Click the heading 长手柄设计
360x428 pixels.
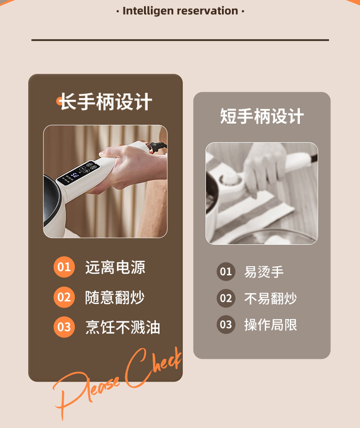click(106, 102)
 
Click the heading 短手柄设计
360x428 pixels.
click(262, 116)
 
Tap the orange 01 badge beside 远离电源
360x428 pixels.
click(64, 267)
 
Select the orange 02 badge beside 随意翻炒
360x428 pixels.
click(64, 297)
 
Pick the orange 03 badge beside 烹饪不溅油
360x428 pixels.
click(64, 327)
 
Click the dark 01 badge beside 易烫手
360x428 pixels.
click(226, 272)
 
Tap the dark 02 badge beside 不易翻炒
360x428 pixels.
click(226, 299)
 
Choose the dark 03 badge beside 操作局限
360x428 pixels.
click(226, 325)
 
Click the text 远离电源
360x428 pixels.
click(115, 267)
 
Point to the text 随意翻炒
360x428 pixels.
click(115, 297)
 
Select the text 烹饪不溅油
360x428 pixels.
click(123, 327)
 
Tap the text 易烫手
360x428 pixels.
click(264, 272)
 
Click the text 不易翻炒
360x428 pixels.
click(271, 299)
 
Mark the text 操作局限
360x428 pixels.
click(271, 325)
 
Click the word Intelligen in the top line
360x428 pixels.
click(148, 11)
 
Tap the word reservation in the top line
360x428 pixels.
click(207, 11)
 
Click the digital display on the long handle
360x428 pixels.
click(78, 172)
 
